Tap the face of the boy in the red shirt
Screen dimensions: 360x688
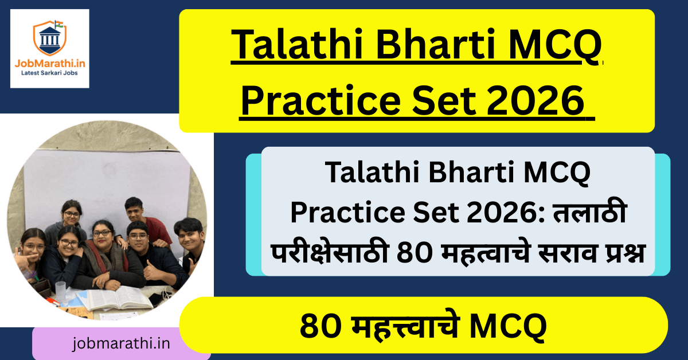[x=134, y=210]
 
